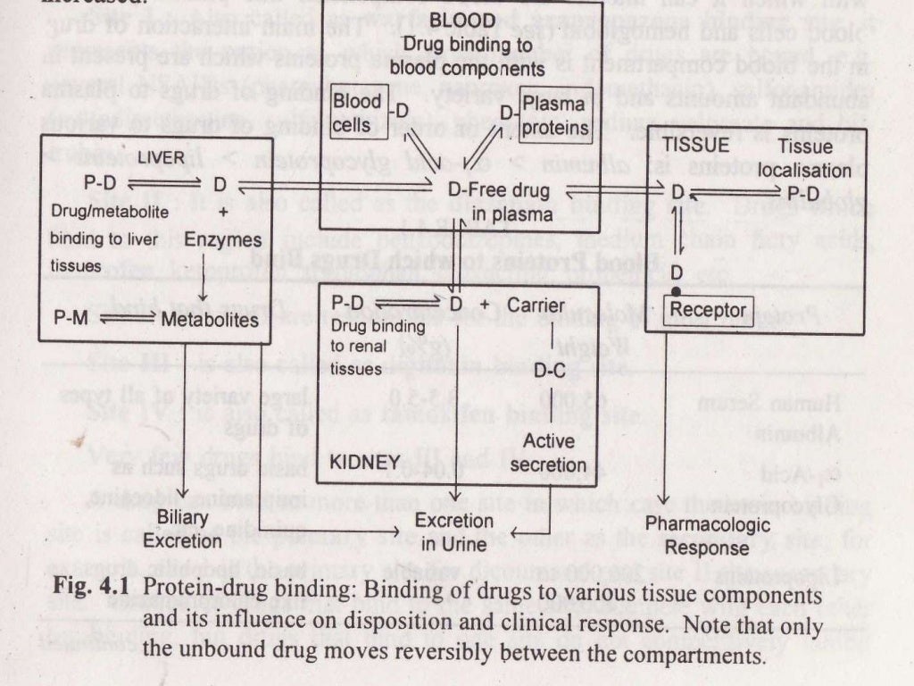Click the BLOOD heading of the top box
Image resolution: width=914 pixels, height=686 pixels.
coord(462,19)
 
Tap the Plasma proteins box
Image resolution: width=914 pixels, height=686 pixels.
coord(554,117)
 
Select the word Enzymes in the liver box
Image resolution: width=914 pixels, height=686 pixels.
coord(228,239)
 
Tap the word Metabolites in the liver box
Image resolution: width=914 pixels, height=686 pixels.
coord(210,320)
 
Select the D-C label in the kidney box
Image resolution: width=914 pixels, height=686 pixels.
coord(549,371)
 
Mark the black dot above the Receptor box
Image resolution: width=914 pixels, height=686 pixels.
coord(678,292)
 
